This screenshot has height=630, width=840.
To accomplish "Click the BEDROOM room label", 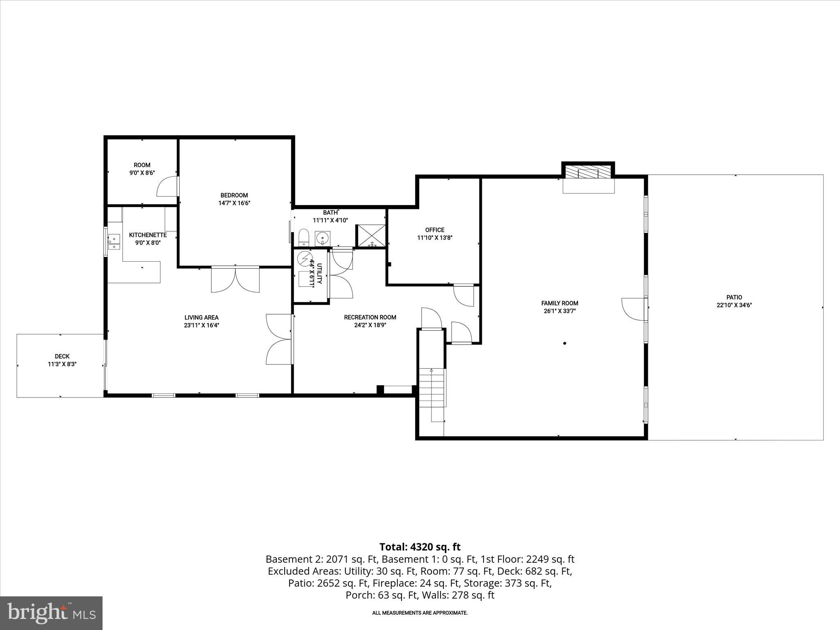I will coord(234,195).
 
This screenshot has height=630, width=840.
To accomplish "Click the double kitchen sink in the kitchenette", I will coord(114,242).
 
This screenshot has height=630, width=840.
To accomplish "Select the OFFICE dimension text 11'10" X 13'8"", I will coord(435,237).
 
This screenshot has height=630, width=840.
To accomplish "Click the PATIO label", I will coord(734,297).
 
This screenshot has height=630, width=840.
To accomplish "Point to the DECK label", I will coord(62,356).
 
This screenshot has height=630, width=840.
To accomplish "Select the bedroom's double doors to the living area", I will coord(235,280).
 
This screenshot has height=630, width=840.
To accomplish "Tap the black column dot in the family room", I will coord(565,343).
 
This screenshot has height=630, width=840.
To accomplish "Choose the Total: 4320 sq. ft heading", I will coord(420,547).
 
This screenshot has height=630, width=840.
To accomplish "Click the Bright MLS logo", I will coord(51,613).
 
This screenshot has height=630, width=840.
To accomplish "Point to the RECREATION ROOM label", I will coord(370,317).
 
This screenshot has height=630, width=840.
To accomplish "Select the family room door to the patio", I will coord(634,309).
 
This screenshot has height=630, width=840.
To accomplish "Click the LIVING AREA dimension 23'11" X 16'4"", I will coord(201,325).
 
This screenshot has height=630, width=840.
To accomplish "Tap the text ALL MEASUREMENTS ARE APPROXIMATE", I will coord(420,613).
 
